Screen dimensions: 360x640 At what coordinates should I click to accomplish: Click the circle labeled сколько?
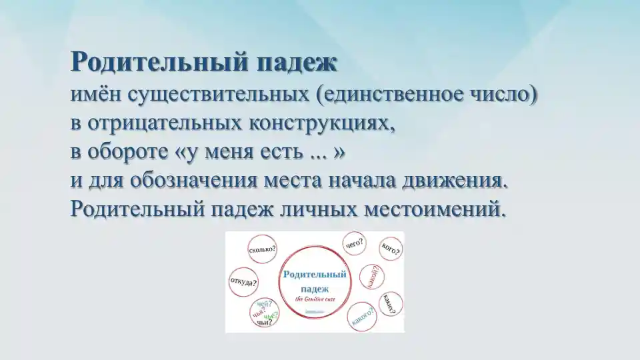pos(262,250)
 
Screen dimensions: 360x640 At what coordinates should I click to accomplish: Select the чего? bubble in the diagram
pos(354,244)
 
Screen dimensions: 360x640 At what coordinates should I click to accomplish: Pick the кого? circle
pos(390,249)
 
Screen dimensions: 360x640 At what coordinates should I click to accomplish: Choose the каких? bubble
pos(390,303)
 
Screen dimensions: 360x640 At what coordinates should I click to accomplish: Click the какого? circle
pos(362,317)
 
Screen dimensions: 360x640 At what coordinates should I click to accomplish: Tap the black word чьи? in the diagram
pos(264,322)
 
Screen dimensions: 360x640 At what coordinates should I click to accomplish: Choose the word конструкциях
pos(323,123)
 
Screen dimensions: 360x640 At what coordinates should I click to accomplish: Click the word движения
pos(453,181)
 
